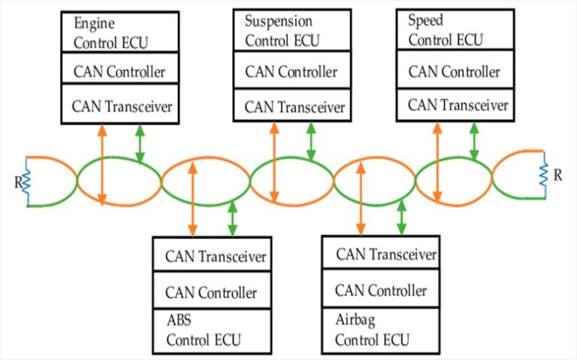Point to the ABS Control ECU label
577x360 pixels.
204,331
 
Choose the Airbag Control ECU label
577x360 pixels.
373,331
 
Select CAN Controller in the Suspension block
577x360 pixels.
291,73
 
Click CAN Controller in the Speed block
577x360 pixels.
454,72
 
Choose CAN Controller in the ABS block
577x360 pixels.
210,292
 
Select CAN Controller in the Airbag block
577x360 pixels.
381,290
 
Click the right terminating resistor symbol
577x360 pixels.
543,176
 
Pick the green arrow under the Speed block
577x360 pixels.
473,141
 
